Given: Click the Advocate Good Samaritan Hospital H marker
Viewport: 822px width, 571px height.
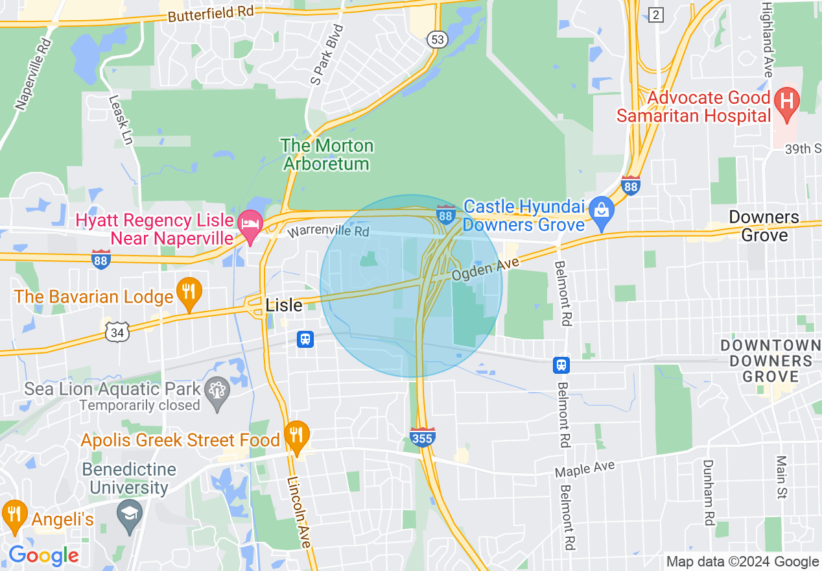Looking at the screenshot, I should tap(788, 103).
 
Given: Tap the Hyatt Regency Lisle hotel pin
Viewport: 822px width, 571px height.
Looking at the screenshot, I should tap(250, 224).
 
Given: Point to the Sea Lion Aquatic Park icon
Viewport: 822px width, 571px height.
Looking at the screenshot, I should tap(217, 391).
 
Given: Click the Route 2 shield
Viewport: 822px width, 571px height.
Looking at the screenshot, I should tap(656, 15).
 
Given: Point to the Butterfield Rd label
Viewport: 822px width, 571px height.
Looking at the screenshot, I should tap(210, 14).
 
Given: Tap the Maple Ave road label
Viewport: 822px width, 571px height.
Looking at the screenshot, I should tap(585, 468).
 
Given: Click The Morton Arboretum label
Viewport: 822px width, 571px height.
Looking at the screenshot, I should tap(327, 154).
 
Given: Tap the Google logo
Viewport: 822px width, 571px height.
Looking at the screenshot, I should tap(43, 555).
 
